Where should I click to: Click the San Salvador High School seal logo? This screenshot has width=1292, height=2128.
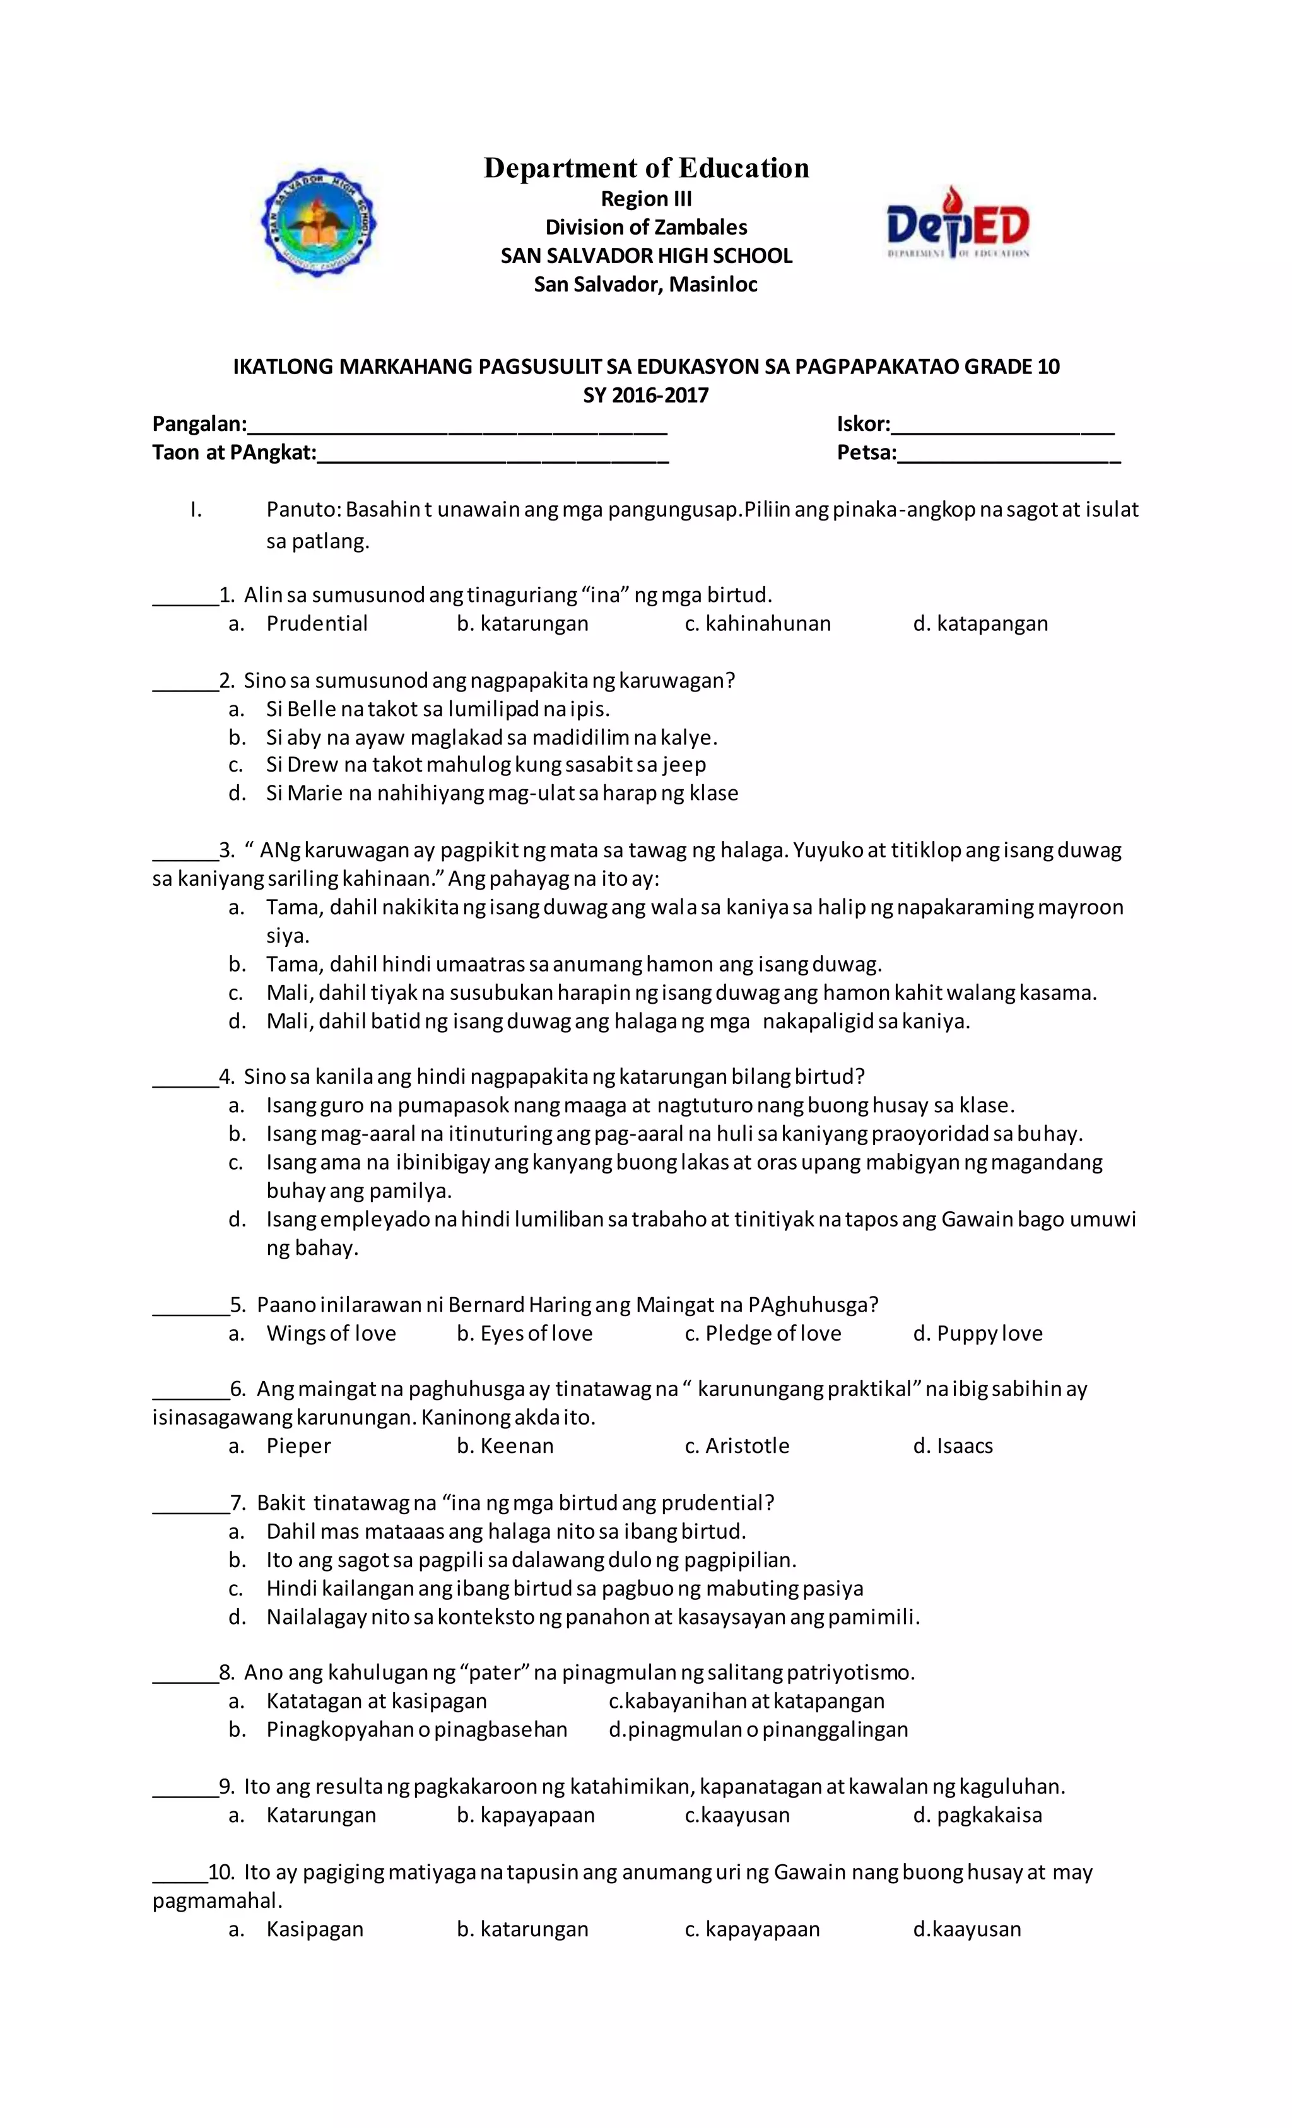pos(319,223)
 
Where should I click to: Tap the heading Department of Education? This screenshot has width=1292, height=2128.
pos(646,168)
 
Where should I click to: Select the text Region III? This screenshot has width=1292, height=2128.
pos(646,199)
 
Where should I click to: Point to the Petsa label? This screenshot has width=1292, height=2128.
pos(866,452)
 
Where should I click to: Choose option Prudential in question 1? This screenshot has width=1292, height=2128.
pos(316,623)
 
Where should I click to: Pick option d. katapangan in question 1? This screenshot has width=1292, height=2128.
pos(980,623)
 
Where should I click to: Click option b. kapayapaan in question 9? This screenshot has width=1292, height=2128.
pos(526,1814)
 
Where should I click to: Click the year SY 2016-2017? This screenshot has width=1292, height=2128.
pos(646,396)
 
